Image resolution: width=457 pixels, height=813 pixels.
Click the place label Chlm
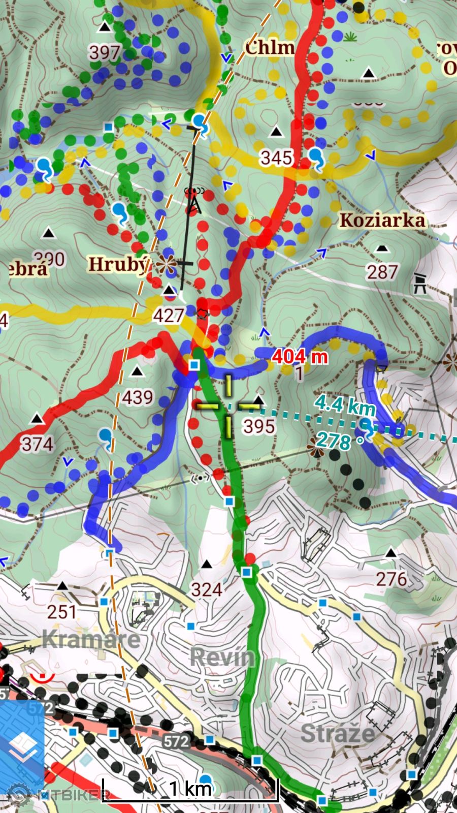[269, 48]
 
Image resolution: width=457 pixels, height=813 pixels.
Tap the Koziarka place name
[382, 220]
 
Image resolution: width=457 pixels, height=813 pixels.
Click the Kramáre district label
[91, 639]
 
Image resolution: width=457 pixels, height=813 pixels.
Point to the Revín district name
[222, 658]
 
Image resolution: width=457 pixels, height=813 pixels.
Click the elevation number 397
[105, 52]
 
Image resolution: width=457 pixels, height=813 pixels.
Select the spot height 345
[277, 158]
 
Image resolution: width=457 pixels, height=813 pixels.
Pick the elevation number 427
[168, 316]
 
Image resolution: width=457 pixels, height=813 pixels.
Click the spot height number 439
[137, 397]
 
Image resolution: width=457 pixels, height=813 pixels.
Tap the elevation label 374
[37, 444]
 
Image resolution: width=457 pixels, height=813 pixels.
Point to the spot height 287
[382, 272]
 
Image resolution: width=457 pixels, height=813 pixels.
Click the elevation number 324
[207, 589]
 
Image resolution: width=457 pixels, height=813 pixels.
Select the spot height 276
[391, 578]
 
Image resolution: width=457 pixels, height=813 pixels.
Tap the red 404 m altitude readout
[300, 356]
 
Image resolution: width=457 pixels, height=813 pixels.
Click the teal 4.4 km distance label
[345, 405]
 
